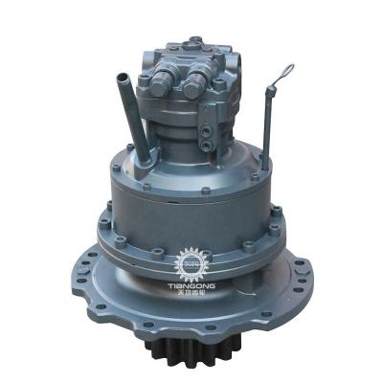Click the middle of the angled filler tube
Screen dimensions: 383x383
click(134, 120)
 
